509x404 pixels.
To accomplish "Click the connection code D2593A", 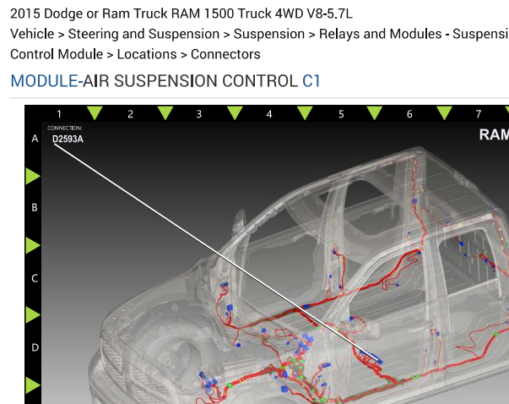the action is click(68, 139).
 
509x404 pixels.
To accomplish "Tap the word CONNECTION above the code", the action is click(65, 128).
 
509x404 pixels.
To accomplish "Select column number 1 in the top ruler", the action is click(59, 114).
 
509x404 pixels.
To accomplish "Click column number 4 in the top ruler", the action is click(269, 114).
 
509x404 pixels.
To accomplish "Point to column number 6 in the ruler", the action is click(409, 114).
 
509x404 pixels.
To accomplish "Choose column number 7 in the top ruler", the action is click(478, 114).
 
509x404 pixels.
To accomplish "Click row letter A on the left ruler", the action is click(35, 139).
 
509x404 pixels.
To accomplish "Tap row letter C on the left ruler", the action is click(35, 279).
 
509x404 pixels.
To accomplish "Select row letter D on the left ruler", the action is click(35, 347).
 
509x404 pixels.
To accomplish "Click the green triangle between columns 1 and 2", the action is click(95, 112).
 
